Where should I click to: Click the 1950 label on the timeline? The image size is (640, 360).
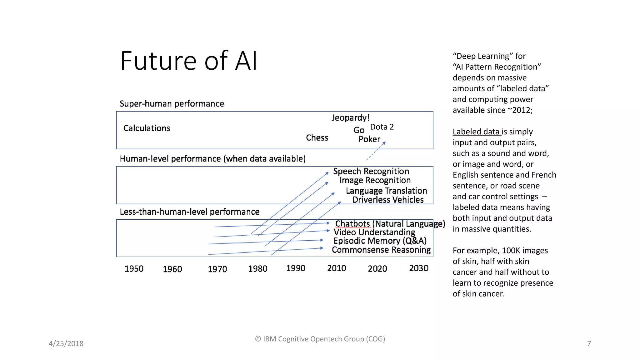coord(134,269)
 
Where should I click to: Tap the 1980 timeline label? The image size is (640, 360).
coord(257,269)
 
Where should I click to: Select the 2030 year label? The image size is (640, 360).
coord(418,268)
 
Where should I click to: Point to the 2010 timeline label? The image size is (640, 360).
coord(336,268)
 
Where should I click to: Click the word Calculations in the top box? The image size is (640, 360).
coord(147,128)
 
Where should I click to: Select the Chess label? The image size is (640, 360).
coord(317,138)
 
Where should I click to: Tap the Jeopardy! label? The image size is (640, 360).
coord(350,118)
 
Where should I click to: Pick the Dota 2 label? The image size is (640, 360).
coord(382,127)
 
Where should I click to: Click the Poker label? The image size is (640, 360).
coord(369,139)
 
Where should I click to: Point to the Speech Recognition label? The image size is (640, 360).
coord(371,171)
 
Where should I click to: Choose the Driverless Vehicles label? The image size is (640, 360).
coord(388,200)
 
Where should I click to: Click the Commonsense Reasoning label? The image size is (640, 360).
coord(381,250)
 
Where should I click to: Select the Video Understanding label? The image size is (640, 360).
coord(374,232)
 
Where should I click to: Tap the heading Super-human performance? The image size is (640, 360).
coord(172,104)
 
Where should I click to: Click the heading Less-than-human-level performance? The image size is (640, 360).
coord(189,212)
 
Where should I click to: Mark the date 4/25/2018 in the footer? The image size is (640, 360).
coord(66,343)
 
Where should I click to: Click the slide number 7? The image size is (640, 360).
coord(589,343)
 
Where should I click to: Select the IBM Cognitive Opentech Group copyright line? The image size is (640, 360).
coord(320,339)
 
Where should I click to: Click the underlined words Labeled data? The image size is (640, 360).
coord(476,132)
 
